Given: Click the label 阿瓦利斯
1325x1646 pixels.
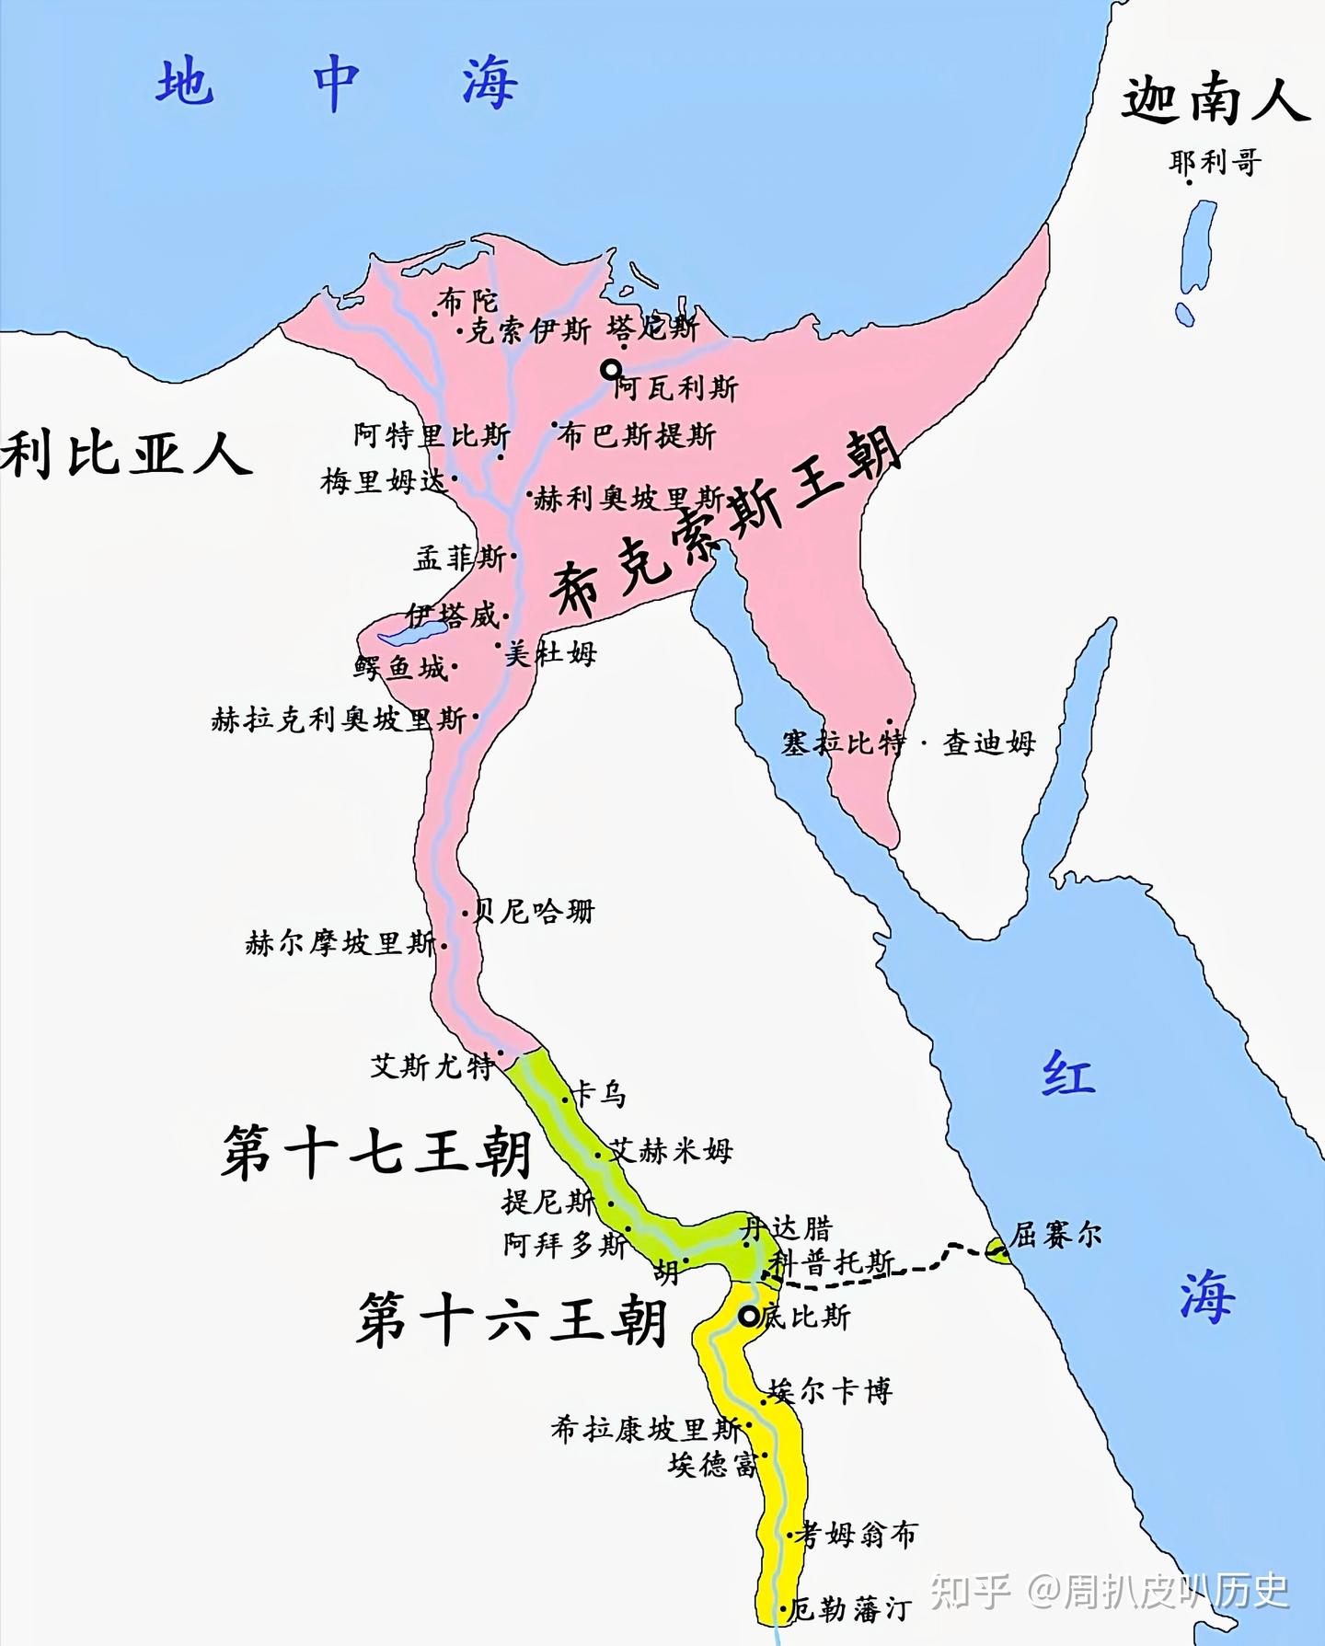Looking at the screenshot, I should (x=676, y=389).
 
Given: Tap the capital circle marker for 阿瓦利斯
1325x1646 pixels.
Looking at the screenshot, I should (x=610, y=370).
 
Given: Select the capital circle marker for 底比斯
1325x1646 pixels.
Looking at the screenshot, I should (x=750, y=1317).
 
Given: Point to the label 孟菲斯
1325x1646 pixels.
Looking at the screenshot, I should (x=459, y=558).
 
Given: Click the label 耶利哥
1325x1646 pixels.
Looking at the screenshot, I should (x=1215, y=163).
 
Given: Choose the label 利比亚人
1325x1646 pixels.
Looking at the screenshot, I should (x=126, y=455).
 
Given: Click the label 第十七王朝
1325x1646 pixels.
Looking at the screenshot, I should (x=377, y=1152).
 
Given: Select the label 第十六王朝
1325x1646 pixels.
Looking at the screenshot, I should (x=512, y=1319).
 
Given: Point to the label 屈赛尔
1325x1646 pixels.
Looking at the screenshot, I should (x=1055, y=1234).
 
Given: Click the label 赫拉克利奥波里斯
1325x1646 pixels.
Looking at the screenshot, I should (x=339, y=719).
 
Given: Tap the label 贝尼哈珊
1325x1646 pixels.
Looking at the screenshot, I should (x=534, y=912).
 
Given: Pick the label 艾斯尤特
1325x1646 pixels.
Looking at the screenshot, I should (x=432, y=1066).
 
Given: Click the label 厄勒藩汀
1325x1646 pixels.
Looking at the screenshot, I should (x=851, y=1608).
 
